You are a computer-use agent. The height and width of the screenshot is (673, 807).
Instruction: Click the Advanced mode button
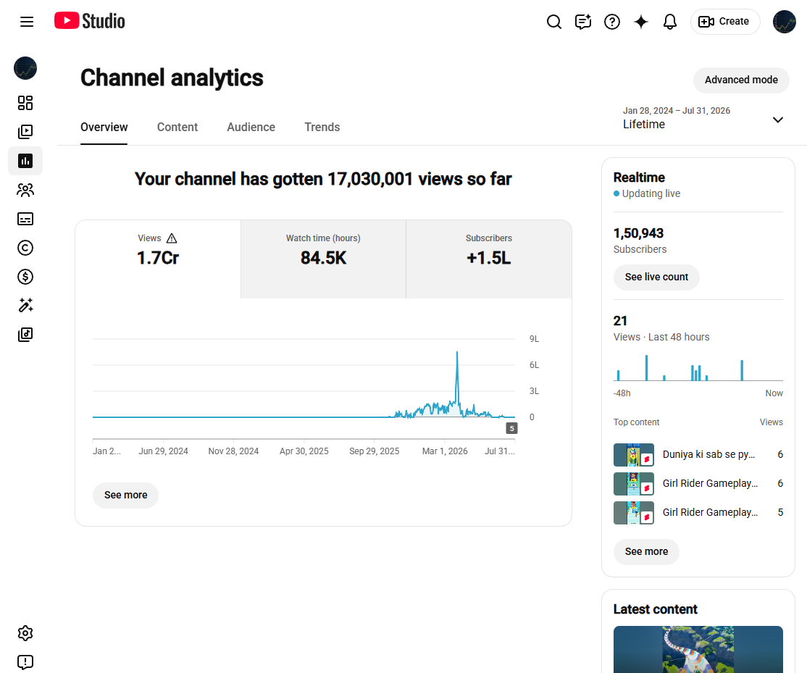(x=740, y=80)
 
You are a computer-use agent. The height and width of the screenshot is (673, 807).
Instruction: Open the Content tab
(x=177, y=127)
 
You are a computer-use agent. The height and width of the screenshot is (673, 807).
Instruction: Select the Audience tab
(x=251, y=127)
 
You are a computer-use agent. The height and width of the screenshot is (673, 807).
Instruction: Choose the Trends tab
(x=322, y=127)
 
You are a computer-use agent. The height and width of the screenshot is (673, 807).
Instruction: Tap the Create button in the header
(x=724, y=22)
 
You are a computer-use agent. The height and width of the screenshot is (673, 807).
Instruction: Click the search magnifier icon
(x=553, y=22)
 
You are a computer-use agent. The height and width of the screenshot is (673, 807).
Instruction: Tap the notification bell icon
(x=669, y=22)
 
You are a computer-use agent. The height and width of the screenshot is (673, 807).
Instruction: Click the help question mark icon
(x=612, y=22)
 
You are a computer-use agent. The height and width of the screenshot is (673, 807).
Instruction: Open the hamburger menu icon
(x=27, y=22)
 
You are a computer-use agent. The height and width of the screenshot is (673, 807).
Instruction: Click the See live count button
(x=656, y=277)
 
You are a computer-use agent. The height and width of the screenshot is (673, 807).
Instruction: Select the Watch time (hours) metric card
(x=323, y=259)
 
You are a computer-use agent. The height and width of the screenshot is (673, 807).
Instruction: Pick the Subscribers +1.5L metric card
(x=489, y=259)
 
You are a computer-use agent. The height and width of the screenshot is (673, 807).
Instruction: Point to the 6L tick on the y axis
(x=534, y=365)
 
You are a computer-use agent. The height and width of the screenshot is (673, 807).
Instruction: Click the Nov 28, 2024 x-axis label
(x=233, y=451)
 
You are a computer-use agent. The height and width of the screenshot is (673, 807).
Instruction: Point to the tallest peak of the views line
(x=457, y=352)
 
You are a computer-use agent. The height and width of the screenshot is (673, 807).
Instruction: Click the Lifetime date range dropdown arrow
(x=778, y=120)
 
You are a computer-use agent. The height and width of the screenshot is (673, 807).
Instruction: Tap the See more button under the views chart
(x=125, y=495)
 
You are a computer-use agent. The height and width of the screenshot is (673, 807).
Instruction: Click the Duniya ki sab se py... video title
(x=708, y=454)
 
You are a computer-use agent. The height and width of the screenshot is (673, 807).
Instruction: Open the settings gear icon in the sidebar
(x=25, y=633)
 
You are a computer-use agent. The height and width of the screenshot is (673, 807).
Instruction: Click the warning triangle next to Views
(x=172, y=238)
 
